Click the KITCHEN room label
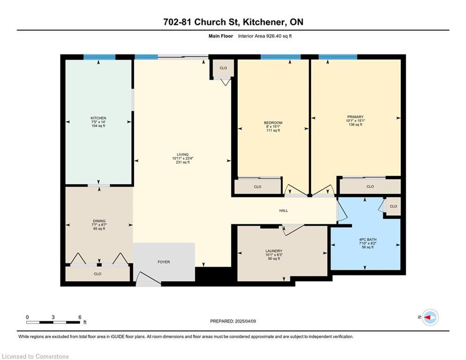pyautogui.click(x=98, y=118)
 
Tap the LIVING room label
pyautogui.click(x=183, y=154)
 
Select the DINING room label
pyautogui.click(x=99, y=221)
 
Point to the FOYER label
pyautogui.click(x=164, y=262)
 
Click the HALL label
pyautogui.click(x=283, y=210)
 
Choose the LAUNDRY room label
pyautogui.click(x=274, y=251)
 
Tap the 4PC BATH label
pyautogui.click(x=368, y=240)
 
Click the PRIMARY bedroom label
pyautogui.click(x=355, y=117)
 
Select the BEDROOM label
pyautogui.click(x=273, y=123)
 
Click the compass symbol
pyautogui.click(x=430, y=317)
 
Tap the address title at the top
pyautogui.click(x=233, y=22)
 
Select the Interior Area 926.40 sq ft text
pyautogui.click(x=265, y=36)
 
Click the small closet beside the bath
pyautogui.click(x=393, y=206)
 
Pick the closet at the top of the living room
pyautogui.click(x=223, y=68)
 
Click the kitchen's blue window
pyautogui.click(x=99, y=57)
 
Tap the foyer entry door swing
pyautogui.click(x=148, y=279)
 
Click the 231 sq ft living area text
pyautogui.click(x=183, y=163)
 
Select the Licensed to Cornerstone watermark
pyautogui.click(x=35, y=356)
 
